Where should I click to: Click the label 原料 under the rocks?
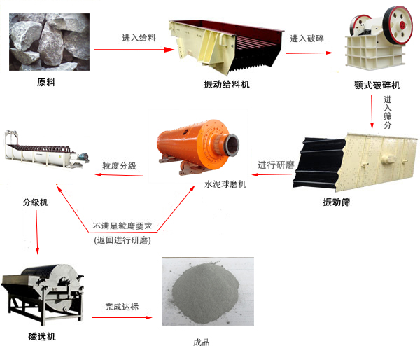[x=46, y=82]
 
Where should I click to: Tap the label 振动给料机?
[x=227, y=85]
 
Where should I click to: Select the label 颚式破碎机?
[x=377, y=85]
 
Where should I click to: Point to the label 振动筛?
[x=337, y=202]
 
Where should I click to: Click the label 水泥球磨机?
[x=225, y=184]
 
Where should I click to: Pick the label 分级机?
[x=36, y=202]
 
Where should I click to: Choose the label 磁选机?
[x=42, y=336]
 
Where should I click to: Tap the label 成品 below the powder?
[x=201, y=342]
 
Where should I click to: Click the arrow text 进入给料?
[x=139, y=38]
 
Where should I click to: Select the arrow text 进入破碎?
[x=307, y=39]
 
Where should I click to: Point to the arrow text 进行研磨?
[x=276, y=165]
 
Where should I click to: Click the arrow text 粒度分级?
[x=120, y=166]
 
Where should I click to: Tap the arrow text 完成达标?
[x=122, y=306]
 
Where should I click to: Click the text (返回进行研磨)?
[x=122, y=240]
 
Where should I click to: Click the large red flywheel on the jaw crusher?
[x=398, y=25]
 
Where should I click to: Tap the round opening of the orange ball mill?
[x=232, y=145]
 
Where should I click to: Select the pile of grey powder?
[x=205, y=292]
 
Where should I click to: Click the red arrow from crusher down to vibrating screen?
[x=372, y=112]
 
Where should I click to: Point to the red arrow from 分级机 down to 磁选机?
[x=37, y=233]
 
